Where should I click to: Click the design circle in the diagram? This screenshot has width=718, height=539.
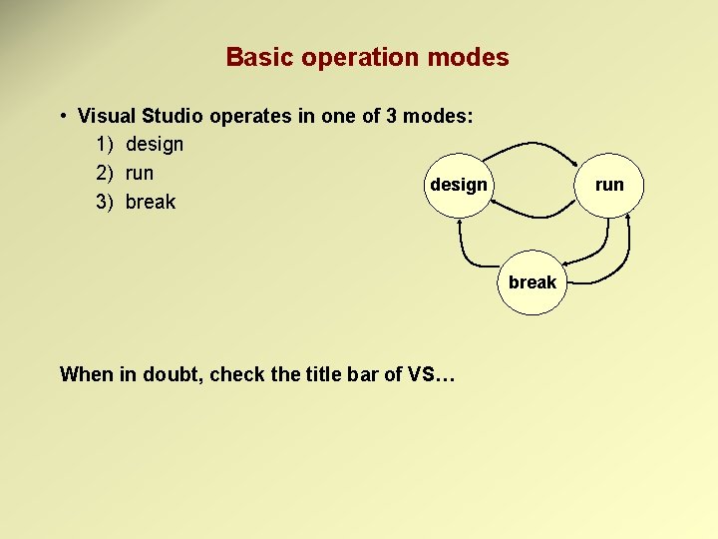pyautogui.click(x=458, y=185)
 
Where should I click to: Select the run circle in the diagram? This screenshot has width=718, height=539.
pyautogui.click(x=608, y=185)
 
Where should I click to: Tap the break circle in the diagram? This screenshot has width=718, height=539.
pyautogui.click(x=532, y=282)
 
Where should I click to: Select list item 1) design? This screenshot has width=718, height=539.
pyautogui.click(x=140, y=144)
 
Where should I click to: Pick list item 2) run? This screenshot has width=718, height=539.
pyautogui.click(x=125, y=172)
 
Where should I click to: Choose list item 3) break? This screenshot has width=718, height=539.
pyautogui.click(x=136, y=202)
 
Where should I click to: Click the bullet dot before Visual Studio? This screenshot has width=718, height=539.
pyautogui.click(x=63, y=116)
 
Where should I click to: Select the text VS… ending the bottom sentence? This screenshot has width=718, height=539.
pyautogui.click(x=432, y=374)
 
